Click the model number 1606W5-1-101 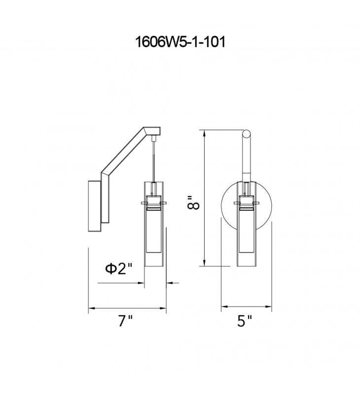click(x=180, y=42)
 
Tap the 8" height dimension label click(x=193, y=202)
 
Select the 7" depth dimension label click(x=125, y=321)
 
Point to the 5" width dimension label click(x=244, y=321)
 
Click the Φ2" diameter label click(x=118, y=269)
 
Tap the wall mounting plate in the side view click(x=95, y=206)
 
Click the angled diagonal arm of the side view click(x=126, y=151)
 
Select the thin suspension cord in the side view click(x=153, y=161)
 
